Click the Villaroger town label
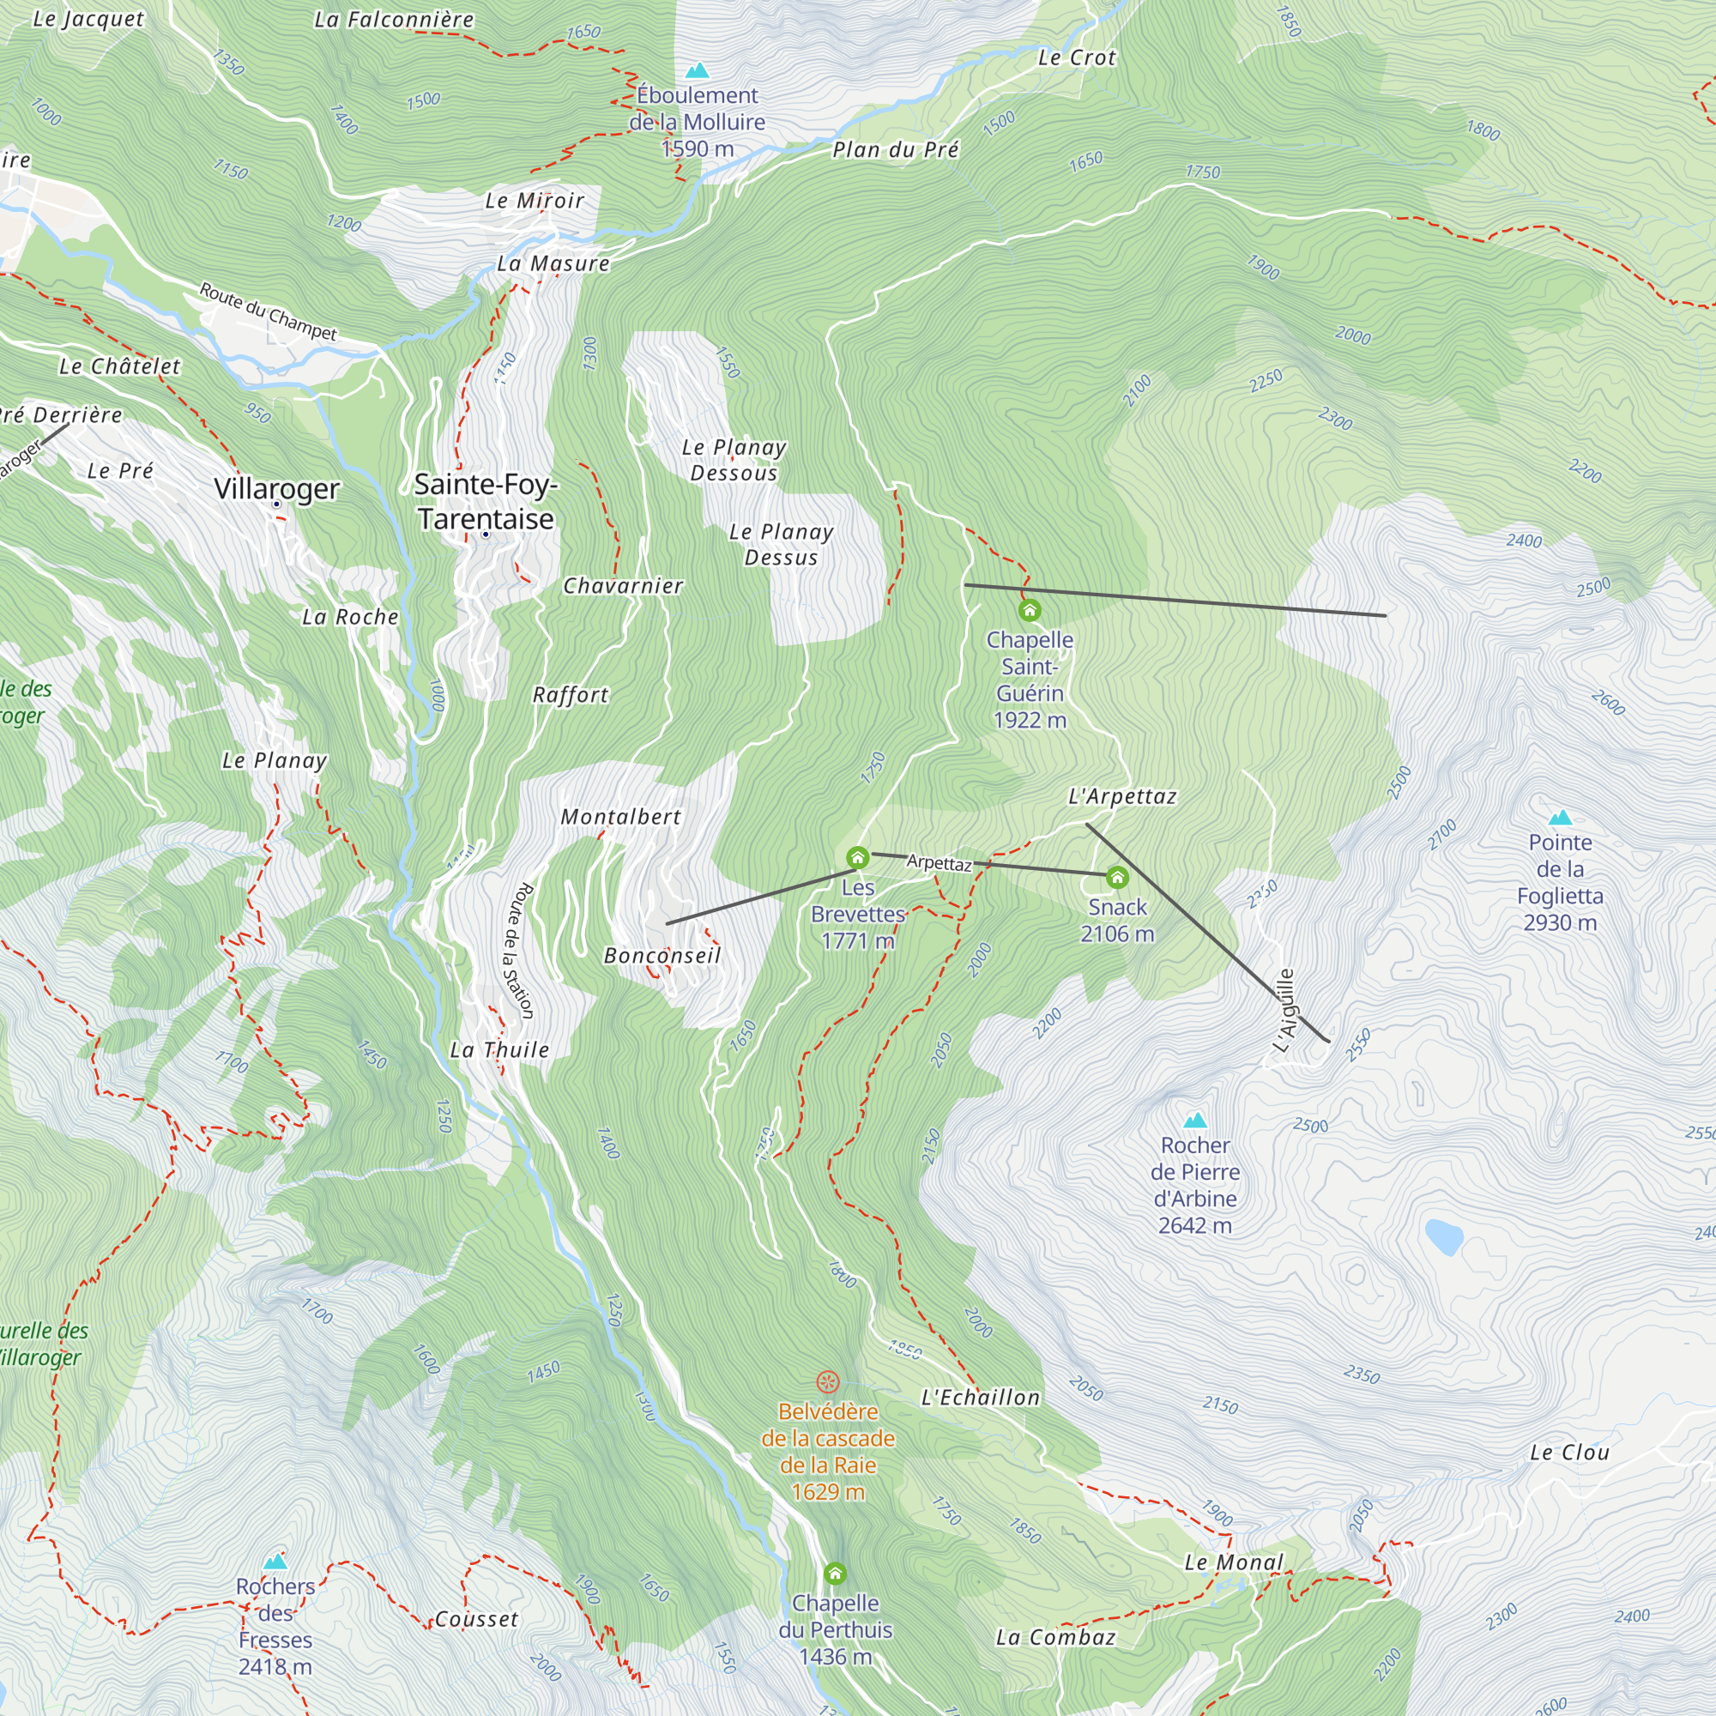[x=276, y=488]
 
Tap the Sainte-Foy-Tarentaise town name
[x=486, y=501]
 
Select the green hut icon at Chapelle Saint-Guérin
[x=1030, y=610]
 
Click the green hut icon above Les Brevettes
[x=857, y=857]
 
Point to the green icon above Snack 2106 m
[x=1117, y=878]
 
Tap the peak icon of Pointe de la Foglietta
[x=1560, y=818]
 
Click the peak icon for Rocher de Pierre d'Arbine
[x=1195, y=1120]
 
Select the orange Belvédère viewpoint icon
[x=828, y=1381]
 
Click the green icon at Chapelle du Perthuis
[x=835, y=1574]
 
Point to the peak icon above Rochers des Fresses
[x=275, y=1562]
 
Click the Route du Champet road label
[x=268, y=311]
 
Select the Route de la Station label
[x=521, y=950]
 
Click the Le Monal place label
[x=1234, y=1562]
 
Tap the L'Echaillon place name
[x=980, y=1397]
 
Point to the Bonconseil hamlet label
[x=662, y=956]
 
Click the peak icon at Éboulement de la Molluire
[x=698, y=70]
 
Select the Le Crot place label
[x=1077, y=57]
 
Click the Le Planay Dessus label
[x=781, y=545]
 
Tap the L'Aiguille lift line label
[x=1285, y=1011]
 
